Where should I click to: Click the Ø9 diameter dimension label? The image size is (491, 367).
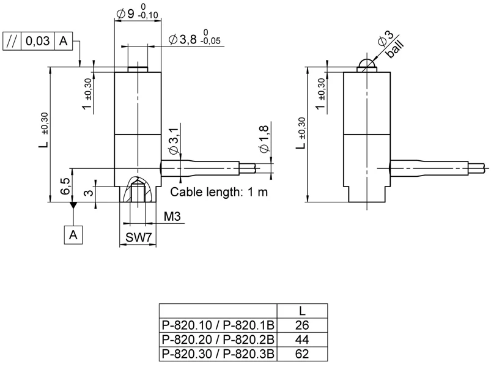(126, 13)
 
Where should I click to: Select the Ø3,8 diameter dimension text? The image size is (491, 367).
(186, 39)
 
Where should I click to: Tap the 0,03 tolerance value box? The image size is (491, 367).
(38, 41)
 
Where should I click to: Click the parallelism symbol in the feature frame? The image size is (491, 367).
(12, 41)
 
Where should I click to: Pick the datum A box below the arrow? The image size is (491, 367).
(73, 235)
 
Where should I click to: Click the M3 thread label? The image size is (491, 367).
(172, 217)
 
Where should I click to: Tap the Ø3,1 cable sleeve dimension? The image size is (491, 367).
(173, 142)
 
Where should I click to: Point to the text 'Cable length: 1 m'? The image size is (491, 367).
(218, 192)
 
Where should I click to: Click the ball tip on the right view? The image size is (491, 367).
(365, 65)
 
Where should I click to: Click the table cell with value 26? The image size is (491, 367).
(302, 324)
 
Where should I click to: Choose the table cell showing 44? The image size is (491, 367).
(302, 338)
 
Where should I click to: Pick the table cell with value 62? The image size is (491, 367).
(302, 353)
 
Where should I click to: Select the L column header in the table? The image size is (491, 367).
(302, 310)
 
